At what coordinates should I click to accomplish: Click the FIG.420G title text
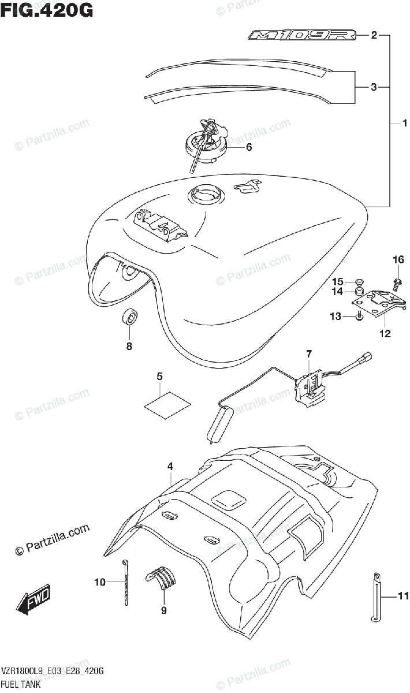[47, 10]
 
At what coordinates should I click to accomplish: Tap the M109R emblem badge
[300, 36]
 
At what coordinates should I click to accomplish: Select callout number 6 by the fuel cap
[249, 147]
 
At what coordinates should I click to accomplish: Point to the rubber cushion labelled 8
[131, 318]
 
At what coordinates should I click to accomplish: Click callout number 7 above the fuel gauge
[309, 353]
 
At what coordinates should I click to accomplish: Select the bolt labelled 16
[397, 284]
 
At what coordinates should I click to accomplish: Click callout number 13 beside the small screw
[336, 316]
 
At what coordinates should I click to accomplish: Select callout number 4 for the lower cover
[171, 464]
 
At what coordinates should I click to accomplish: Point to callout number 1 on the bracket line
[405, 123]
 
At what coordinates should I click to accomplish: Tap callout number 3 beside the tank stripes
[374, 87]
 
